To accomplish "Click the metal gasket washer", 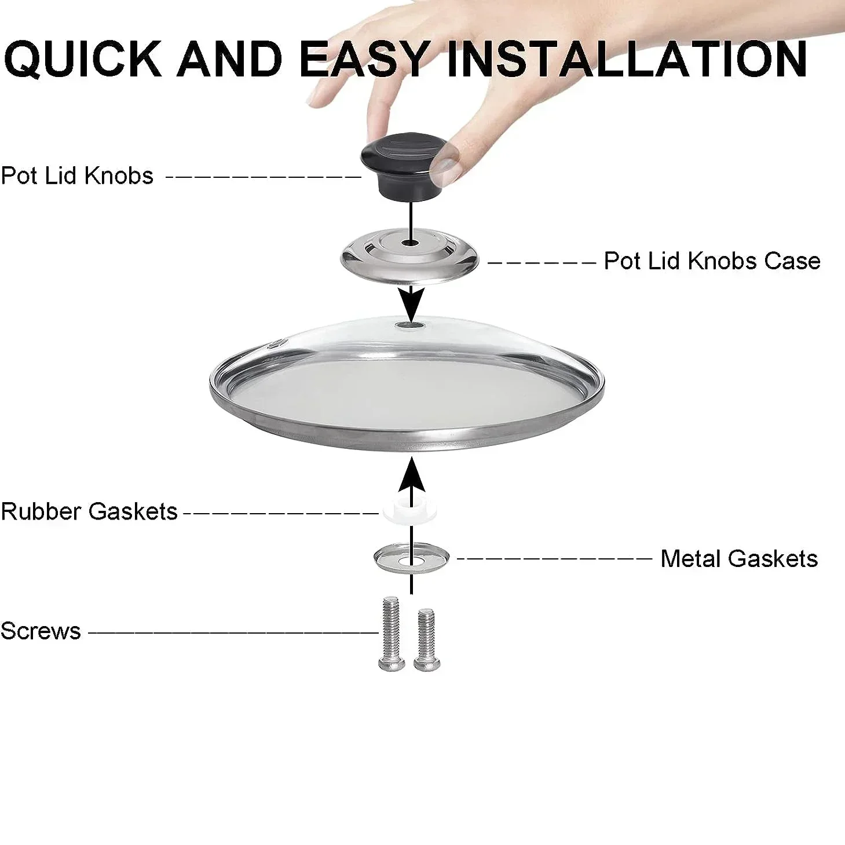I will (411, 557).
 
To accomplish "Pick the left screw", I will (390, 635).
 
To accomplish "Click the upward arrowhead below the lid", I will (411, 473).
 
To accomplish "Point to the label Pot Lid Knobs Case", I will (712, 261).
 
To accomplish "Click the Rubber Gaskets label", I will (89, 511).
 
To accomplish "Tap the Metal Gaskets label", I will (739, 559).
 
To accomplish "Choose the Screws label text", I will (41, 631).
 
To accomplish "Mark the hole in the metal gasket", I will (412, 560).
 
